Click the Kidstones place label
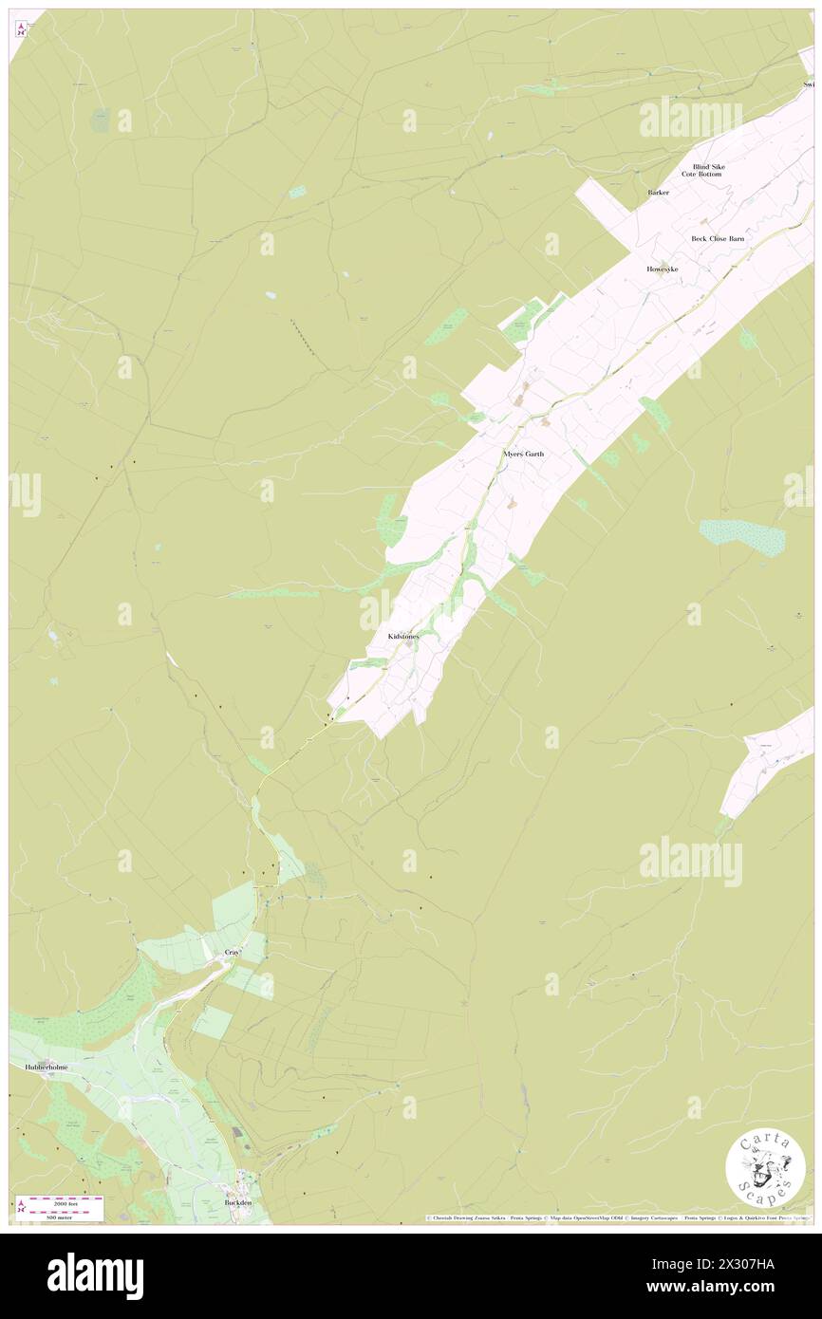point(402,635)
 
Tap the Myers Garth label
point(523,455)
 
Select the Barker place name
point(658,193)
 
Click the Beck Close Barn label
point(717,239)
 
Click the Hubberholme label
point(39,1068)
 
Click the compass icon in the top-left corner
point(22,29)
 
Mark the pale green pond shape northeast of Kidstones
point(742,536)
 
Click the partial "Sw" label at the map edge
point(808,84)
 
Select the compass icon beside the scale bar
point(21,1207)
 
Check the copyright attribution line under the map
point(617,1217)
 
